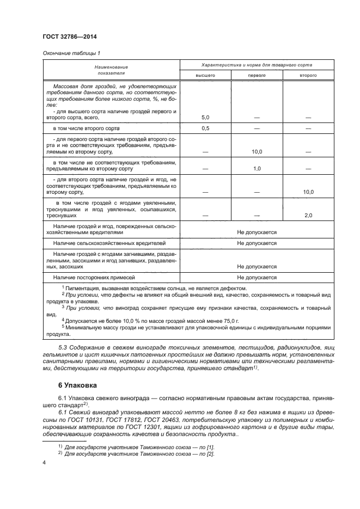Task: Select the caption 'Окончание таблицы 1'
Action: point(71,53)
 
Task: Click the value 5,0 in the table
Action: point(206,117)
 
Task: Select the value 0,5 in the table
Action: point(206,128)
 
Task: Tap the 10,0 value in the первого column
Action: point(257,152)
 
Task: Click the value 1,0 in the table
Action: point(257,169)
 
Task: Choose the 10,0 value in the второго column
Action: point(308,192)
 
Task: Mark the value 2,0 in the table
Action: point(308,216)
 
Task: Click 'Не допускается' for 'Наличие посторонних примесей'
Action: point(257,277)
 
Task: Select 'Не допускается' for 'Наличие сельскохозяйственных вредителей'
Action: point(257,243)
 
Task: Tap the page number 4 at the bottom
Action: point(44,462)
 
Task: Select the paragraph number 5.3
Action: point(64,347)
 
